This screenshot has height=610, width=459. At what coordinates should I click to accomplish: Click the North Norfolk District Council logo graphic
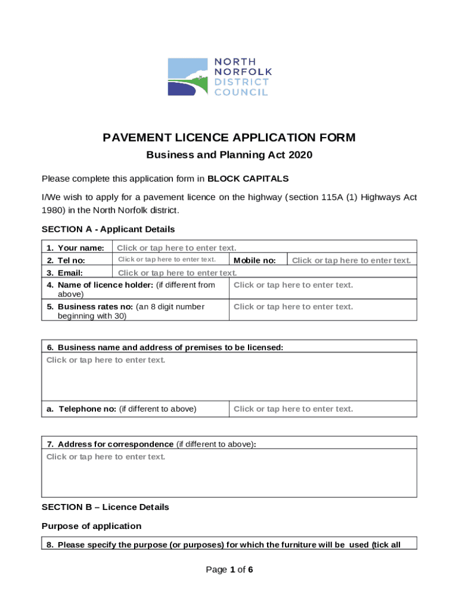[x=188, y=77]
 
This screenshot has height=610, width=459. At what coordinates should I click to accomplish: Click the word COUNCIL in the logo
[x=241, y=92]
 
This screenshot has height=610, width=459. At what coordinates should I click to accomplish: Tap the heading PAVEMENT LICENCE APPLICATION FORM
[x=229, y=138]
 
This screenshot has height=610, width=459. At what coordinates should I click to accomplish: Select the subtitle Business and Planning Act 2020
[x=229, y=155]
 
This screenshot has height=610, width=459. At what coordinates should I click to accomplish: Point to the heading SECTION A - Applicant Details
[x=108, y=229]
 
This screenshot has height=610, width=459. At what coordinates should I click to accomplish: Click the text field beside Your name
[x=176, y=248]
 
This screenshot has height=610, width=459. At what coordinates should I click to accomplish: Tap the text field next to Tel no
[x=167, y=260]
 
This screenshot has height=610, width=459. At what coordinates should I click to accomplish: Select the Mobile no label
[x=255, y=260]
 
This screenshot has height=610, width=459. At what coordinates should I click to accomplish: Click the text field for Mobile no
[x=351, y=260]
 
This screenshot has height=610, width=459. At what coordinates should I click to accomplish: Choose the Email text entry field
[x=177, y=273]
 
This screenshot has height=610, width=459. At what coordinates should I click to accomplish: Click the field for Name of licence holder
[x=293, y=285]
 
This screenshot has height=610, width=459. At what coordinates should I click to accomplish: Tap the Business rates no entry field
[x=293, y=307]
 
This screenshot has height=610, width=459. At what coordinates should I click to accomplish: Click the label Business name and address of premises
[x=170, y=347]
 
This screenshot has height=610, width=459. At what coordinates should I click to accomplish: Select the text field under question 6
[x=229, y=376]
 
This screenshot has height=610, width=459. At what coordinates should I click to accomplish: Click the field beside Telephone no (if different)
[x=293, y=409]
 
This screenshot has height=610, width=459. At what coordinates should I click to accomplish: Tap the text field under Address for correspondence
[x=229, y=473]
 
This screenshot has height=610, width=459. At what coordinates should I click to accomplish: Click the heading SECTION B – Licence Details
[x=106, y=508]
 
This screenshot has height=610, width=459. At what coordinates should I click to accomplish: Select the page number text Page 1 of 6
[x=229, y=570]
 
